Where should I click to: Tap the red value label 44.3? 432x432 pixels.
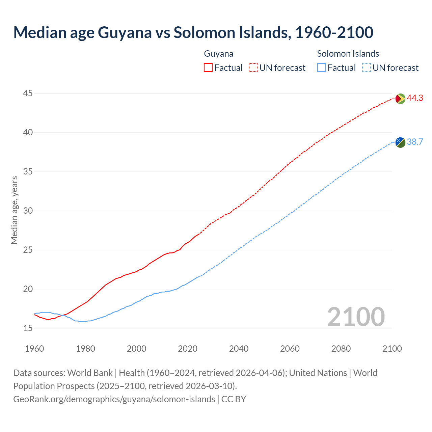pyautogui.click(x=415, y=98)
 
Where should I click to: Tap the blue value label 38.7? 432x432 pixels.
pyautogui.click(x=415, y=142)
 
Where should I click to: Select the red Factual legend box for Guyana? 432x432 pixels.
pyautogui.click(x=208, y=68)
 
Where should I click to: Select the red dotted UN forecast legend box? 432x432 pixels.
pyautogui.click(x=253, y=68)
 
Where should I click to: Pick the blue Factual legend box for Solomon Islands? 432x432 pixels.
pyautogui.click(x=322, y=68)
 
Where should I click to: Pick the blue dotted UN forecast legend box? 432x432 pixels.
pyautogui.click(x=366, y=68)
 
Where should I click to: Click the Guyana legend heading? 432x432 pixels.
pyautogui.click(x=219, y=54)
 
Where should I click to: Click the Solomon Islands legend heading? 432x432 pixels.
pyautogui.click(x=348, y=54)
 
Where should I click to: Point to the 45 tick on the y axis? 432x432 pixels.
pyautogui.click(x=28, y=93)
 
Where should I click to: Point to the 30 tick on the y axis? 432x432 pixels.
pyautogui.click(x=28, y=211)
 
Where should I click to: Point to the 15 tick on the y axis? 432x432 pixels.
pyautogui.click(x=28, y=328)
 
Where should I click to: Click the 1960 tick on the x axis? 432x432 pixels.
pyautogui.click(x=34, y=349)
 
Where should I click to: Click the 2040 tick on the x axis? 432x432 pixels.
pyautogui.click(x=239, y=349)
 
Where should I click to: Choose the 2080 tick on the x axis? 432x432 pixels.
pyautogui.click(x=341, y=349)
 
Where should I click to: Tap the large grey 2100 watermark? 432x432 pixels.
pyautogui.click(x=356, y=317)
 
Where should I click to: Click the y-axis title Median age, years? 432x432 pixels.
pyautogui.click(x=14, y=210)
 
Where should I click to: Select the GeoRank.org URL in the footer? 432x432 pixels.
pyautogui.click(x=114, y=399)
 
